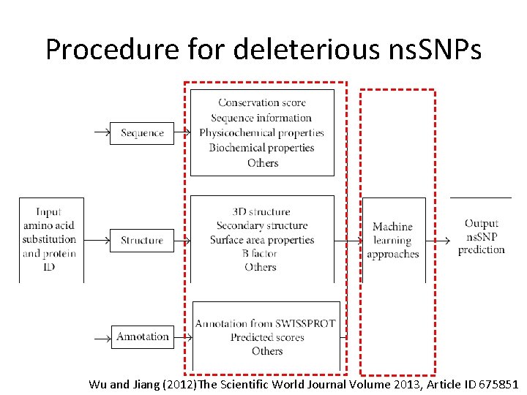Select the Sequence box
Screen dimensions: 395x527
[142, 133]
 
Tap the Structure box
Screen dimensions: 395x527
[142, 240]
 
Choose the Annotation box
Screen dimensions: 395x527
[143, 336]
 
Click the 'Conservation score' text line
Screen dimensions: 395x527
[262, 103]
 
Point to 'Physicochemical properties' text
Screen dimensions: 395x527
[262, 133]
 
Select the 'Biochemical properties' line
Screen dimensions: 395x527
[262, 148]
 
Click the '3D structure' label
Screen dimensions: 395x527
[261, 211]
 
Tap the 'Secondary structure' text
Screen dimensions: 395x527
[262, 225]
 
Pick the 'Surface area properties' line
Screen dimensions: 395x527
[262, 240]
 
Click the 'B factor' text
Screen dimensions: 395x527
[261, 254]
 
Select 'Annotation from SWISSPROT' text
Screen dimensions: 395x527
[266, 323]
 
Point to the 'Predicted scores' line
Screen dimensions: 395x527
[266, 337]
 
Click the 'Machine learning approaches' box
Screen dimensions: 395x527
[393, 240]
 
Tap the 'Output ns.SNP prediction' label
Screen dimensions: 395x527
[482, 236]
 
